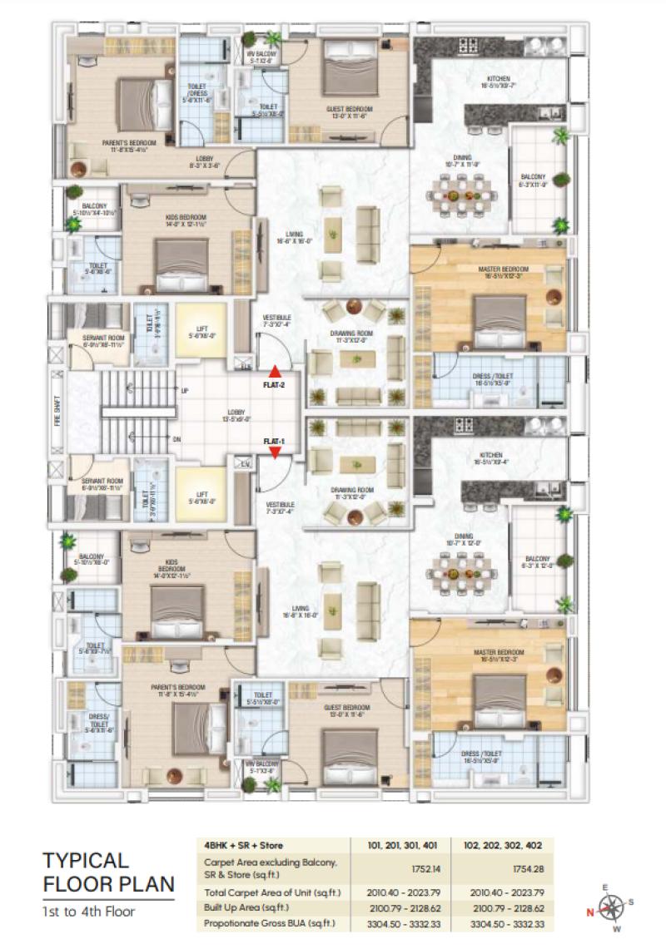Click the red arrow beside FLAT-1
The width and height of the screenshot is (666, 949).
[x=275, y=452]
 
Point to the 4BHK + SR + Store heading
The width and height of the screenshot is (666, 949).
[x=243, y=845]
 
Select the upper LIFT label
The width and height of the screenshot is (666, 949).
[x=201, y=330]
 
